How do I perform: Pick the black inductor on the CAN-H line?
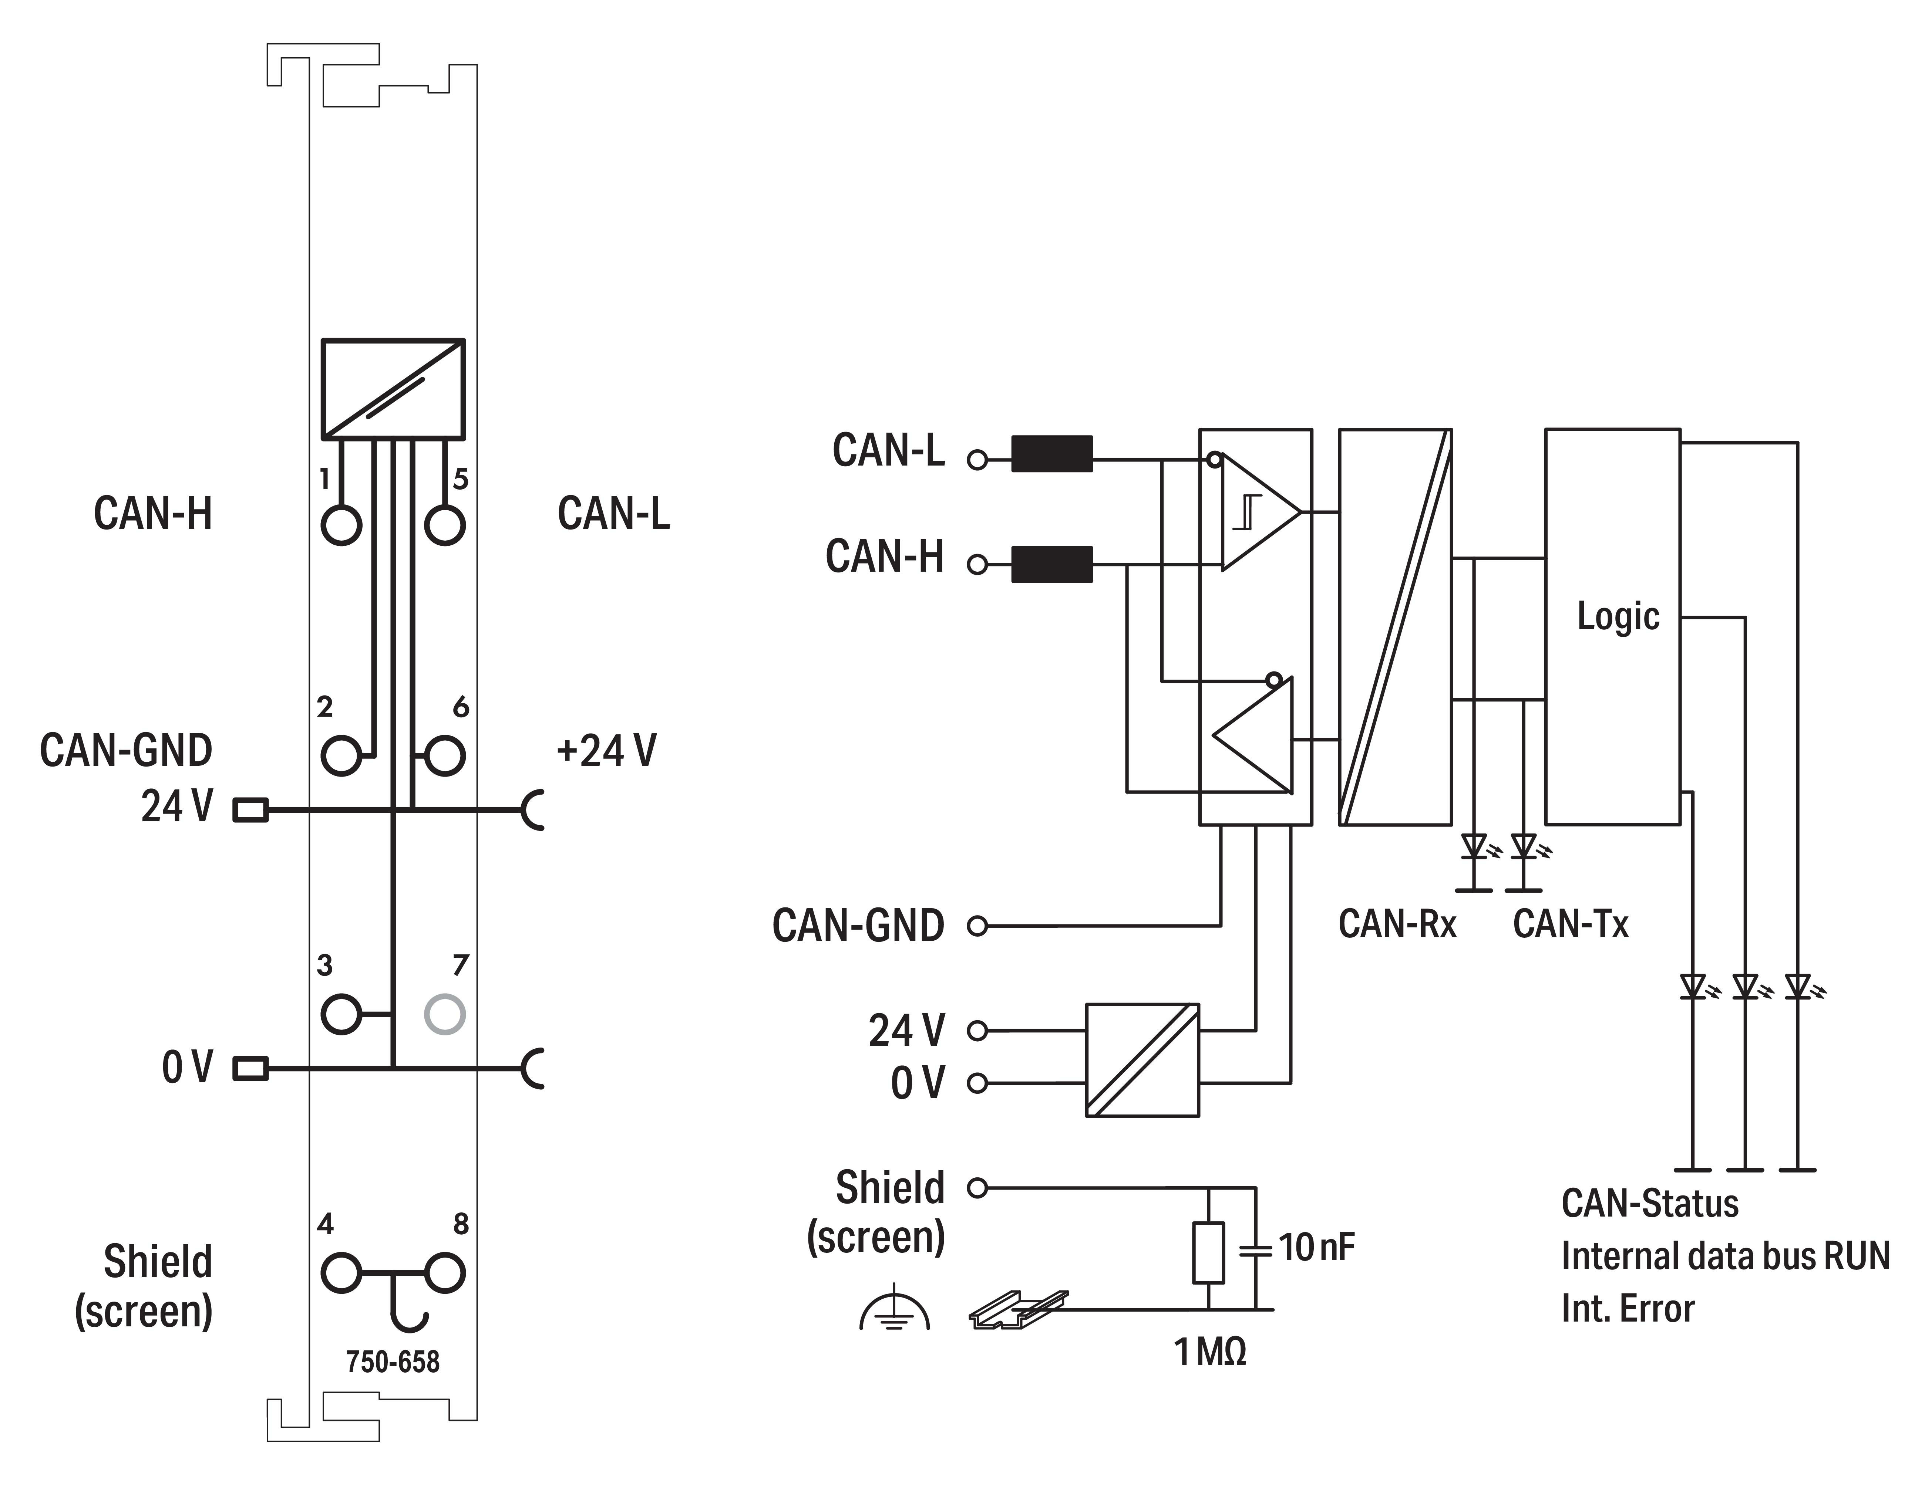1052,564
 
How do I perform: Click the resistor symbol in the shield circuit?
1208,1252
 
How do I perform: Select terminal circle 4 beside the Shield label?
341,1273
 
